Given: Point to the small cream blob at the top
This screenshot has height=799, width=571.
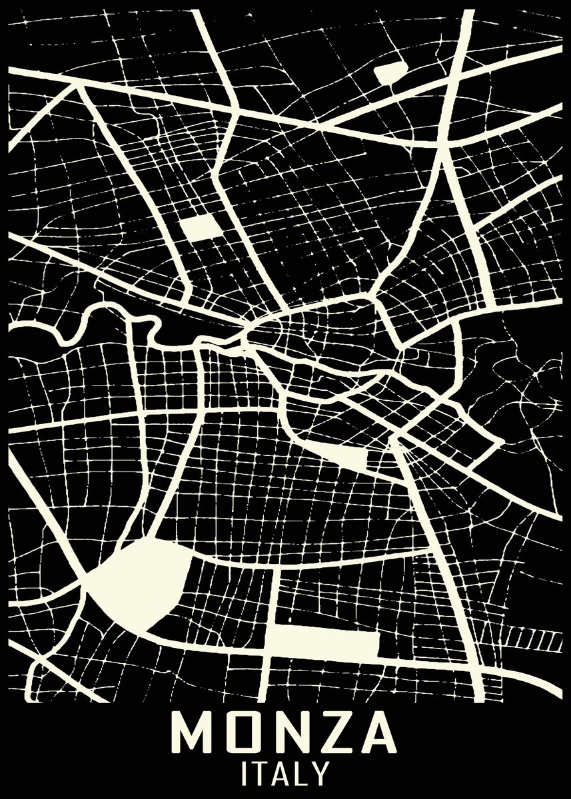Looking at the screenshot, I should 390,72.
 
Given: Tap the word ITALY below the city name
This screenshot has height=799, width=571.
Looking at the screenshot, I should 285,774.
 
